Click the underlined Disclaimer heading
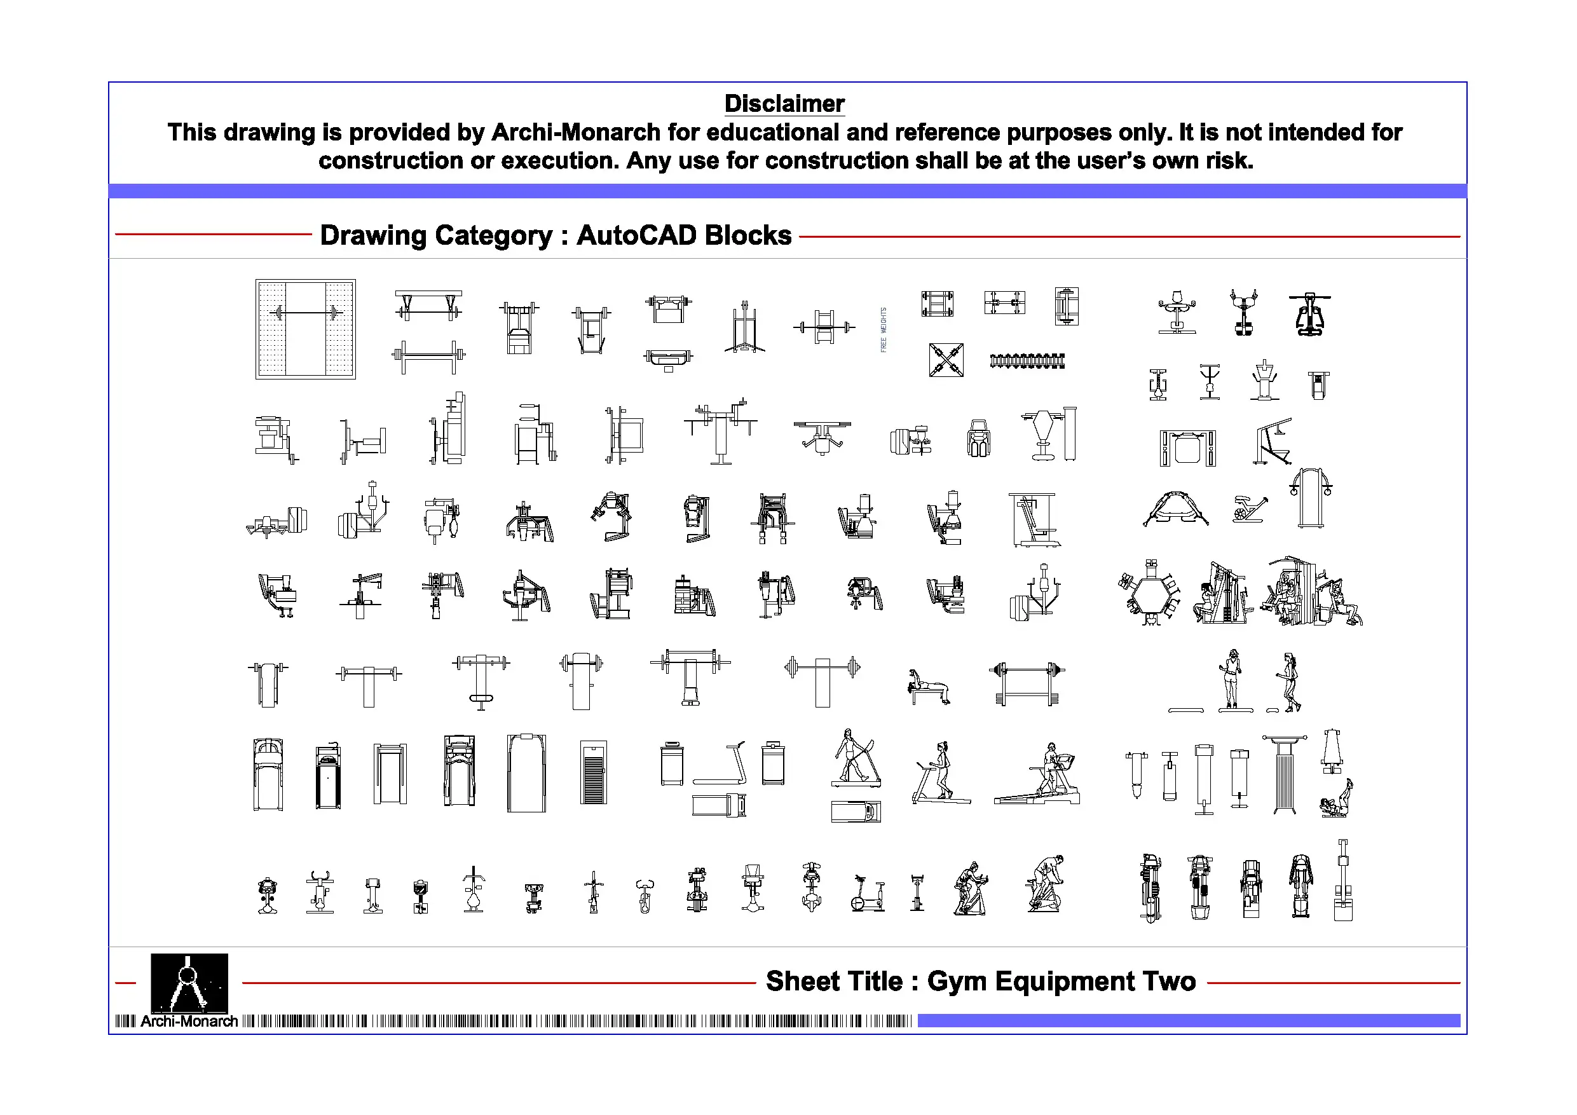coord(784,104)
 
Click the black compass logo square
coord(189,982)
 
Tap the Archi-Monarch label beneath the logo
coord(189,1022)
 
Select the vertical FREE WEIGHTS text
coord(884,330)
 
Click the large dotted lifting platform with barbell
coord(306,329)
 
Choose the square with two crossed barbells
coord(946,360)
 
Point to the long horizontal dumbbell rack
coord(1027,360)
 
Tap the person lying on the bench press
coord(928,687)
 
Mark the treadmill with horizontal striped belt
coord(594,772)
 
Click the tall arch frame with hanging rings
coord(1311,498)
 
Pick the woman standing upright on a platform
coord(1234,680)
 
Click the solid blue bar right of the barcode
coord(1188,1021)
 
